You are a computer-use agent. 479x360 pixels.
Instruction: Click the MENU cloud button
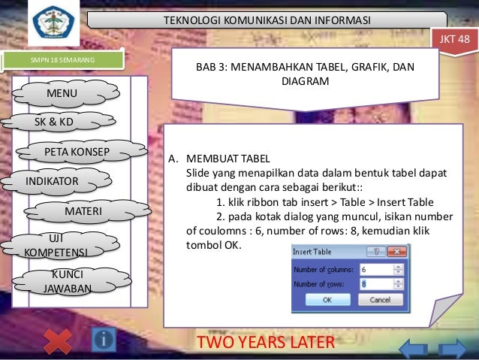point(67,93)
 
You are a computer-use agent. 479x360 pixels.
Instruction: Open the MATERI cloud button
point(83,213)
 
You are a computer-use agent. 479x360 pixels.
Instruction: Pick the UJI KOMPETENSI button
point(56,245)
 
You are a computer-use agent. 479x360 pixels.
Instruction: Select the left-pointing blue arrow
point(414,347)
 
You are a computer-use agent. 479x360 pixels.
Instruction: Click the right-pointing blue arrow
point(453,347)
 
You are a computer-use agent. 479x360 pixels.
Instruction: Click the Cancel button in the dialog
point(381,299)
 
